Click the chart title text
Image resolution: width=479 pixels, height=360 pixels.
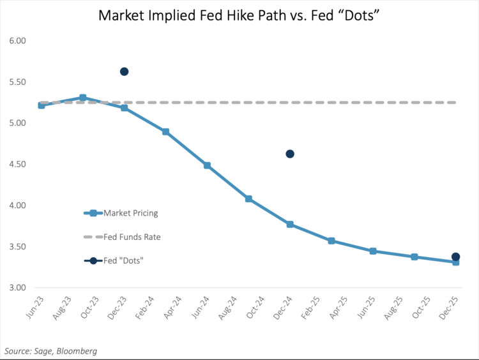pyautogui.click(x=240, y=15)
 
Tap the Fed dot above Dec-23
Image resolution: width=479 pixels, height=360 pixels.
pyautogui.click(x=124, y=71)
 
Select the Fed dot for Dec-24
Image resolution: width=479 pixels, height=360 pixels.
pyautogui.click(x=290, y=154)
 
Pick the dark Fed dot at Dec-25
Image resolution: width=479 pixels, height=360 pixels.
pyautogui.click(x=455, y=257)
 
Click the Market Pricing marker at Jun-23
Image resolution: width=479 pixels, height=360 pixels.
pyautogui.click(x=42, y=105)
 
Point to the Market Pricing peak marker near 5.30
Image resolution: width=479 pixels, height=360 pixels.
pyautogui.click(x=83, y=98)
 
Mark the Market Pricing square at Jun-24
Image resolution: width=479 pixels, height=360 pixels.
pyautogui.click(x=207, y=165)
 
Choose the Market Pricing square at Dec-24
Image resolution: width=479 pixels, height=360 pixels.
pyautogui.click(x=290, y=225)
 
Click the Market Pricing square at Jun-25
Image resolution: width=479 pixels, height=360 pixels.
pyautogui.click(x=373, y=251)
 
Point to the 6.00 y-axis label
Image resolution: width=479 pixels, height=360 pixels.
pyautogui.click(x=17, y=41)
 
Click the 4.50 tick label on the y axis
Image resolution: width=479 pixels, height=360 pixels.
pyautogui.click(x=17, y=164)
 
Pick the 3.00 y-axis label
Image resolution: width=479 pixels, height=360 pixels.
pyautogui.click(x=17, y=288)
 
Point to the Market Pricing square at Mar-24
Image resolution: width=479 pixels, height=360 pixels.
pyautogui.click(x=165, y=132)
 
